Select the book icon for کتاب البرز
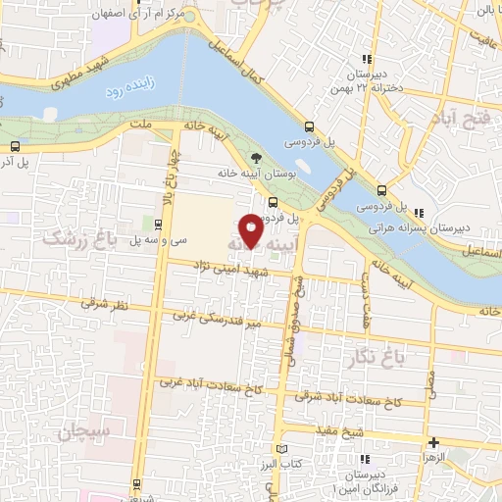click(281, 448)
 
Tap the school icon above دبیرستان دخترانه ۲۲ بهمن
click(366, 58)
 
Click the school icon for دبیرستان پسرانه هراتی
click(419, 213)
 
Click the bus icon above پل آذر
click(15, 145)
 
